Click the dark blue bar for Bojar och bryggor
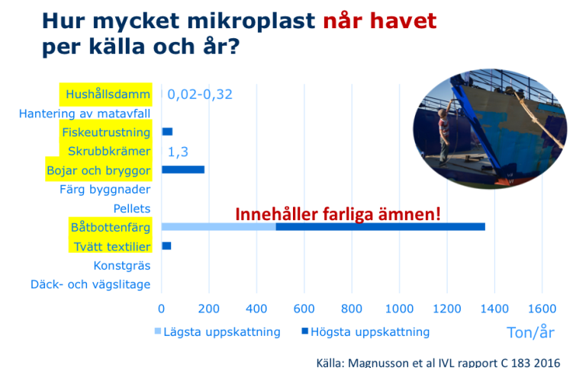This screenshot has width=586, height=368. (183, 170)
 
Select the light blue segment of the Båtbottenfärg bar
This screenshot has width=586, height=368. (219, 226)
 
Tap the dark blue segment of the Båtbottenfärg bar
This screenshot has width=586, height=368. (381, 226)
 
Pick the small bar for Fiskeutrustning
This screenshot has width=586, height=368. (167, 132)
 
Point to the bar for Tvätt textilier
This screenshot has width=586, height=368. (166, 245)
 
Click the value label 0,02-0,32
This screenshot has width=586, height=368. (200, 94)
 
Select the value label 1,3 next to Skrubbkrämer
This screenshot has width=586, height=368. (178, 152)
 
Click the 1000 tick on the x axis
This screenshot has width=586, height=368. (399, 309)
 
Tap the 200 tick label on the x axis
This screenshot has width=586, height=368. (208, 309)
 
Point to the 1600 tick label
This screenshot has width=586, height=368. (542, 309)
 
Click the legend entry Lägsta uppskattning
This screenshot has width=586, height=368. (217, 331)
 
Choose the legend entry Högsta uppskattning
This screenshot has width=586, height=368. (366, 331)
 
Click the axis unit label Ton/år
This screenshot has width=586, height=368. (530, 332)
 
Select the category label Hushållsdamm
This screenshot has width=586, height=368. (108, 94)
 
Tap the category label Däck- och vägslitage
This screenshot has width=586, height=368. (91, 284)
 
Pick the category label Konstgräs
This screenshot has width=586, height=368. (122, 266)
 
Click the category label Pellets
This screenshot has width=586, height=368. (132, 208)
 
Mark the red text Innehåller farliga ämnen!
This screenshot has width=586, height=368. (338, 214)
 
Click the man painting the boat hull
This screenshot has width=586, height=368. (444, 136)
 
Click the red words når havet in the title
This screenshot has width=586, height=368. (380, 21)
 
